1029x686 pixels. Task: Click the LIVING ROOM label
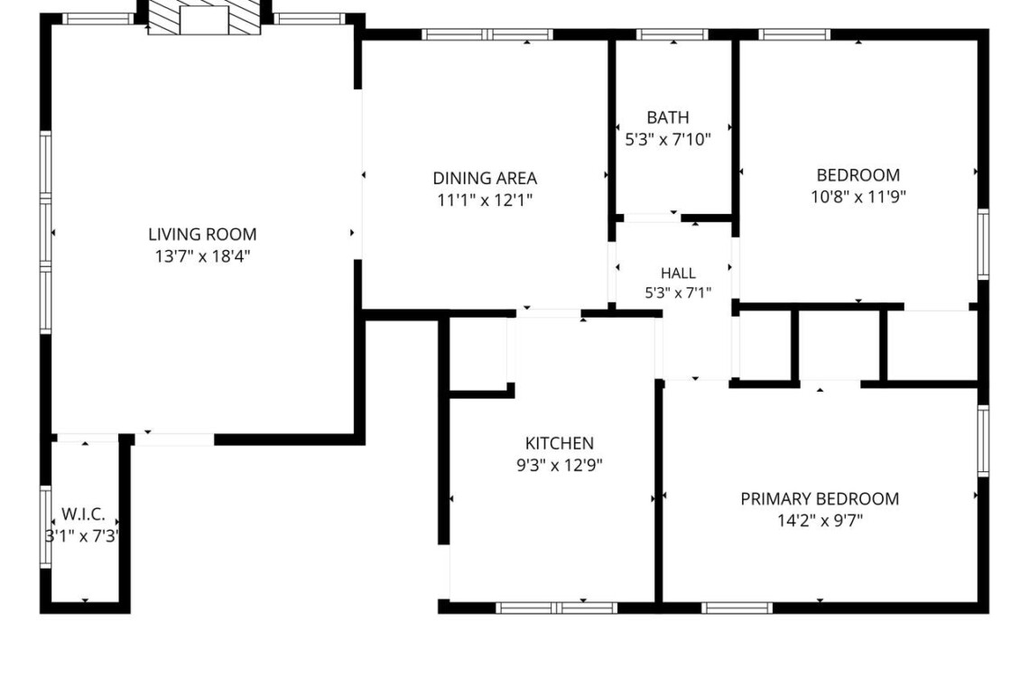point(202,235)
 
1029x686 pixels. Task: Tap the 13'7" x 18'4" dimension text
point(202,256)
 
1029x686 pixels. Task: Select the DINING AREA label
point(485,178)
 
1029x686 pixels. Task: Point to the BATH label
point(668,117)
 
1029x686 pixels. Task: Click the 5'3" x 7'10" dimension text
point(668,139)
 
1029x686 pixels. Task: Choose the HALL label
point(678,273)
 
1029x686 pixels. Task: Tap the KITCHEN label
point(560,443)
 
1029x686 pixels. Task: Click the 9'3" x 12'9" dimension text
point(560,466)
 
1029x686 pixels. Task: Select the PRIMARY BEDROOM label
point(820,499)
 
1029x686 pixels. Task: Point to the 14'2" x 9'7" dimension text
point(820,521)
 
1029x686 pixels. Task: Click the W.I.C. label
point(83,514)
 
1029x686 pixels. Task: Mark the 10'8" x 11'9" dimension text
point(858,196)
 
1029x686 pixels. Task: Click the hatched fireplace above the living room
point(204,17)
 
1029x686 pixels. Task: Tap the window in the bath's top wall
point(672,35)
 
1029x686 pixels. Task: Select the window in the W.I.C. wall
point(45,526)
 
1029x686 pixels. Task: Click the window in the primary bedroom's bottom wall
point(737,607)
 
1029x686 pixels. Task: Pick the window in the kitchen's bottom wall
point(557,607)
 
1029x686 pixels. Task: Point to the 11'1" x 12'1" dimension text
point(485,199)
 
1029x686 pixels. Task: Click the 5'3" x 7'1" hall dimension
point(678,292)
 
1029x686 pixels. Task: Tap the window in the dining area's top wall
point(487,35)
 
